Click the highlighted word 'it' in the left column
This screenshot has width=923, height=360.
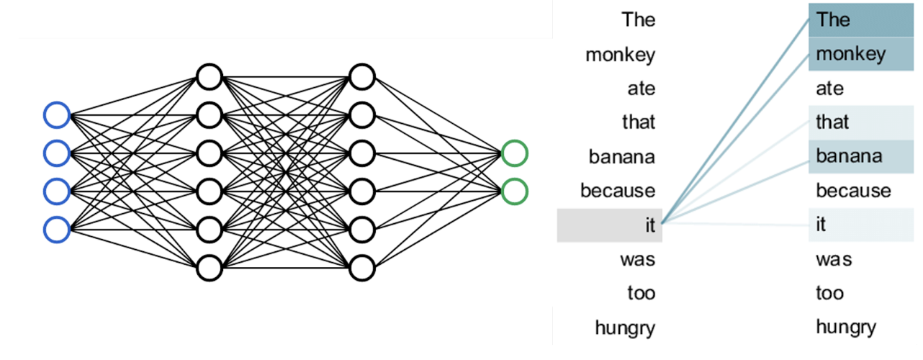coord(650,225)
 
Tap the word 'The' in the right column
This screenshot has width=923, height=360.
coord(833,19)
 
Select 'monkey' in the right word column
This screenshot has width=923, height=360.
coord(850,55)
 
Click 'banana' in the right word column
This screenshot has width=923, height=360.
coord(849,156)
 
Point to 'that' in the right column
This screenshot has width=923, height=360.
coord(832,122)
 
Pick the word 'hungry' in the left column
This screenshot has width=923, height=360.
coord(625,329)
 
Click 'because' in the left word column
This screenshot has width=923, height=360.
coord(618,191)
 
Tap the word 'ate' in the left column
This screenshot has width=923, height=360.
coord(641,89)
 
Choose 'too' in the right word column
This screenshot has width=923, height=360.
coord(830,293)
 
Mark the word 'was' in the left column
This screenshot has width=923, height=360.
coord(637,260)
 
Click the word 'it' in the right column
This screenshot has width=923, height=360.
coord(821,225)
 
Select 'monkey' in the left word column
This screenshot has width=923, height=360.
coord(620,55)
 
